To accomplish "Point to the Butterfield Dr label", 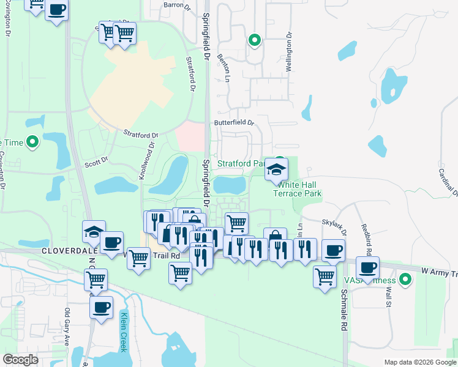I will point(233,122).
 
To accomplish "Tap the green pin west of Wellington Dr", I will point(255,40).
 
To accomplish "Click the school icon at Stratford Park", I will point(276,169).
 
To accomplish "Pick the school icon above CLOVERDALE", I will point(94,231).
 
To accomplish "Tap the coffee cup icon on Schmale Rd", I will point(334,250).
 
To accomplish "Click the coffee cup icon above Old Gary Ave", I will point(101,306).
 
